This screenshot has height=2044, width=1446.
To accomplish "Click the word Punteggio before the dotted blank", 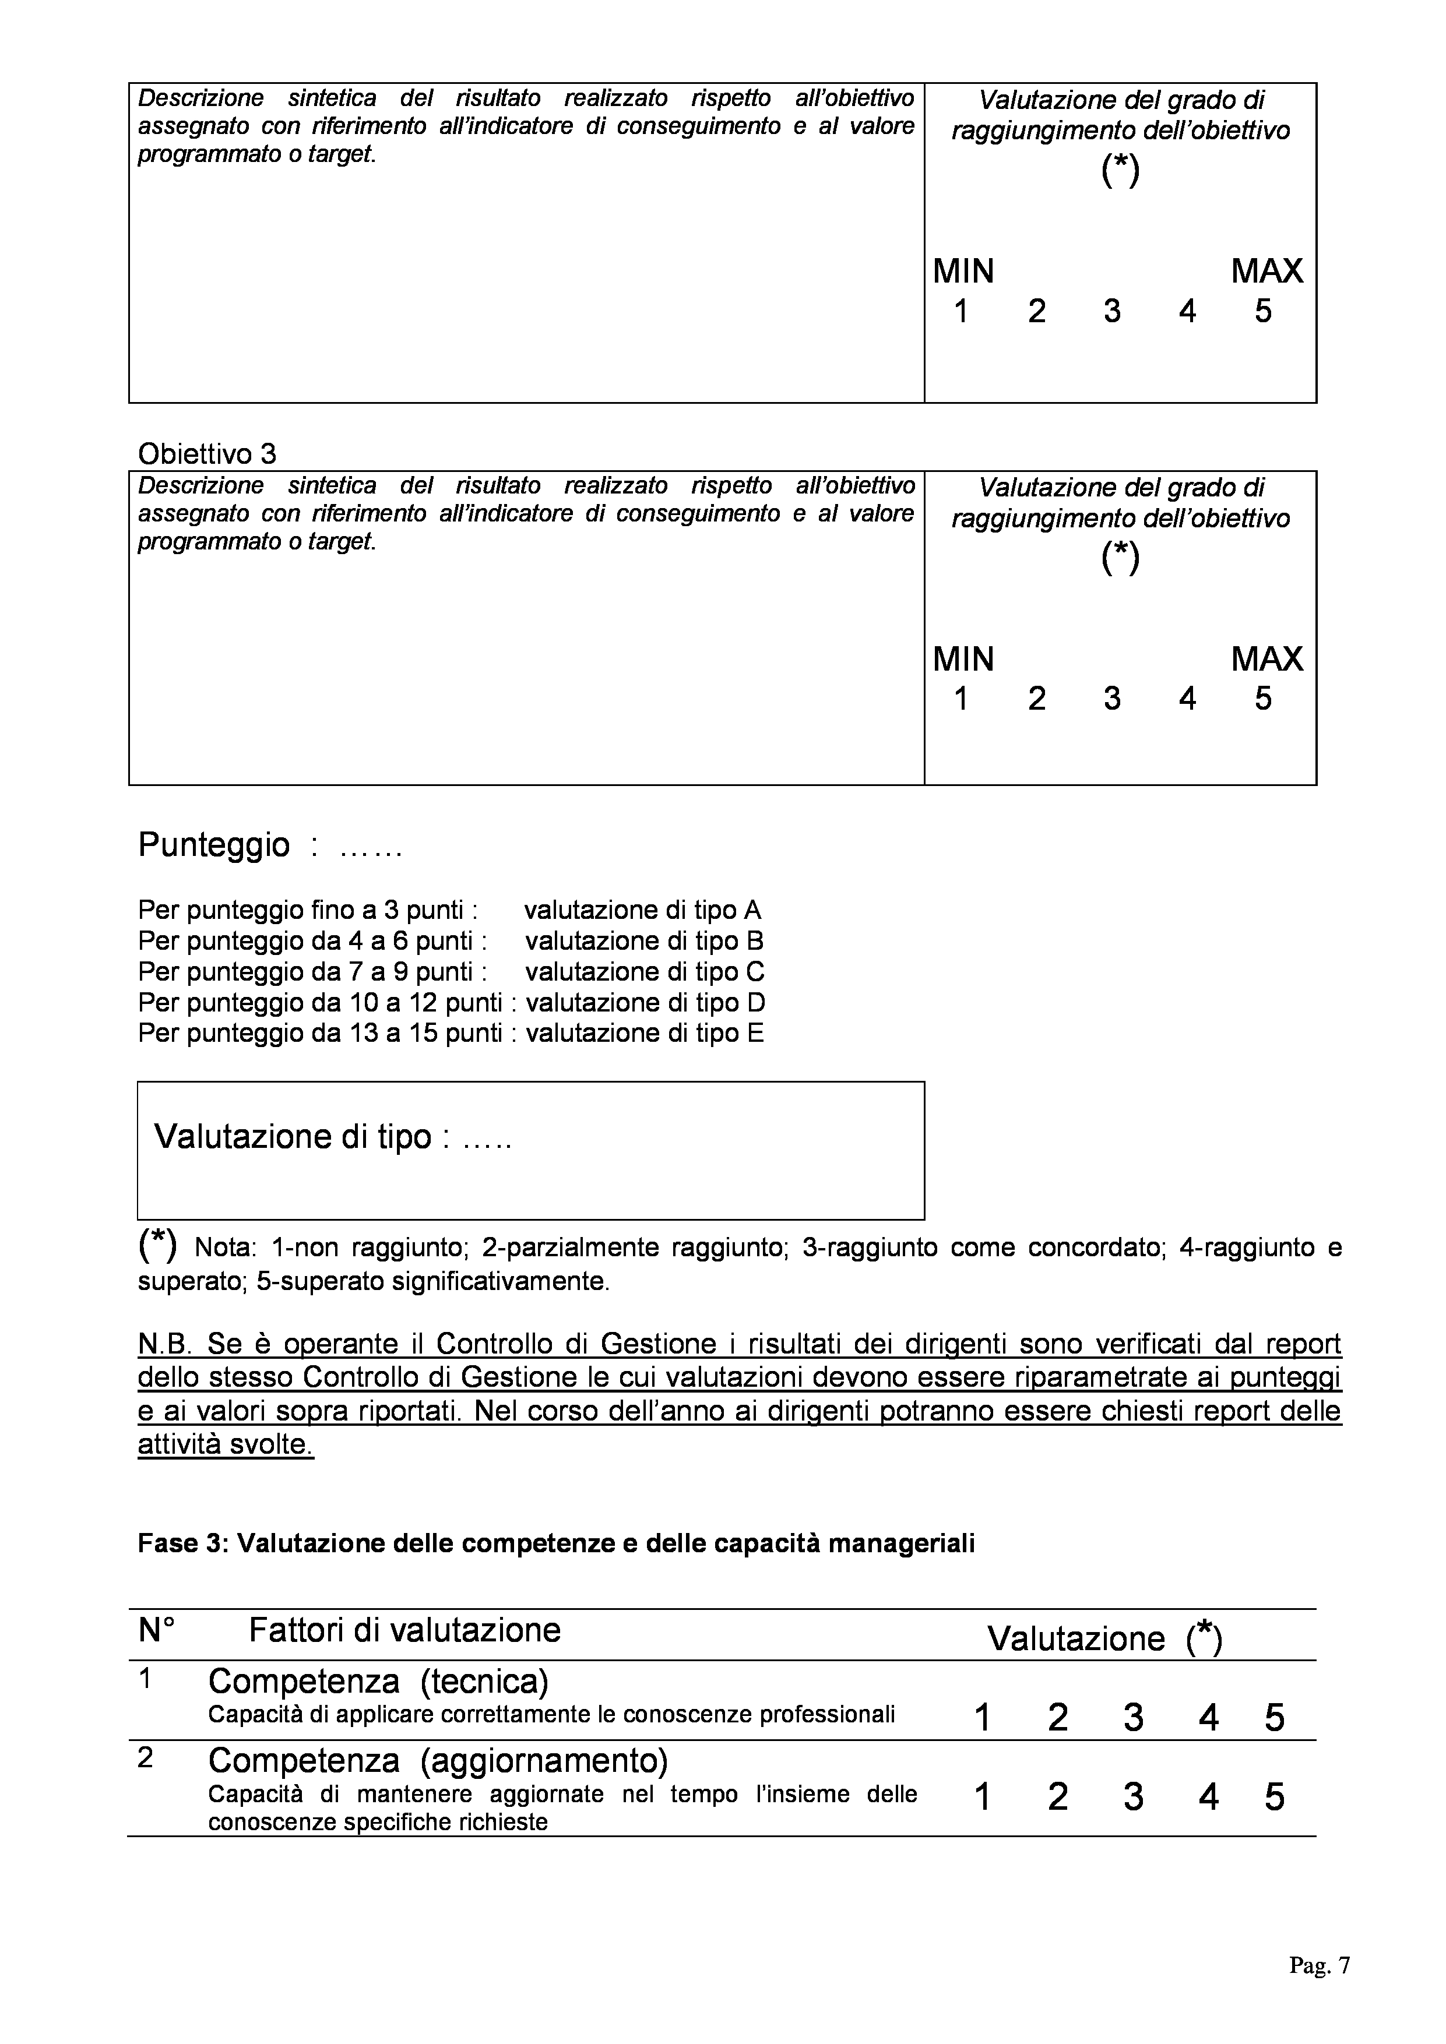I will pos(214,845).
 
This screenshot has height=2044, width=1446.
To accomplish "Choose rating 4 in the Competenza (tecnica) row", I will pos(1208,1717).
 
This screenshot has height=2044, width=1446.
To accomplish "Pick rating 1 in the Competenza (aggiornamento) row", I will pos(982,1798).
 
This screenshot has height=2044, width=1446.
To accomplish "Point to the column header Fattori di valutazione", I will pos(404,1630).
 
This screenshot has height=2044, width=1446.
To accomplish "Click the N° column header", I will pos(157,1631).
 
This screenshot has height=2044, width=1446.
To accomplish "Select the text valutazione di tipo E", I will pos(645,1034).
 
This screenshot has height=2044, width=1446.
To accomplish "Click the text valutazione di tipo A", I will pos(643,910).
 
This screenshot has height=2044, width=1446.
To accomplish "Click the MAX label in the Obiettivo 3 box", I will pos(1266,660).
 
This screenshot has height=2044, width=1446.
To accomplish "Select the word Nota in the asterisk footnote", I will pos(223,1247).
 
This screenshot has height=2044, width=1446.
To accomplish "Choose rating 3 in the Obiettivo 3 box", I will pos(1112,699).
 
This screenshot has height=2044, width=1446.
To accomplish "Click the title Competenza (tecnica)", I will pos(378,1681).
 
